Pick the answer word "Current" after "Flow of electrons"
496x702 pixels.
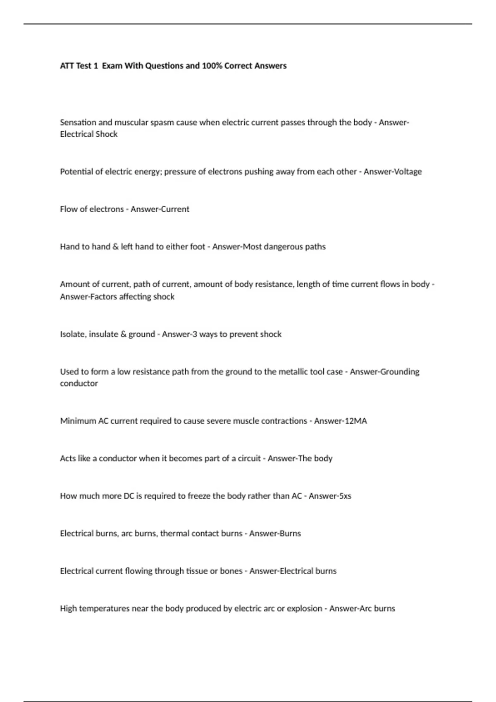click(175, 209)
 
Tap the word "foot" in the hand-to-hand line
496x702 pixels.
click(197, 247)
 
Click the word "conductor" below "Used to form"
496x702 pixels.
click(79, 384)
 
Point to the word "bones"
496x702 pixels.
click(231, 571)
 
